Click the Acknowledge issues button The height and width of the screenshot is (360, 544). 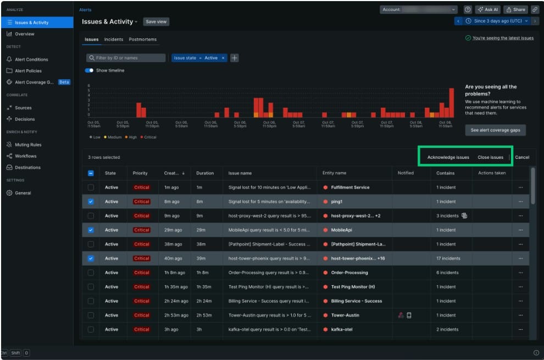448,157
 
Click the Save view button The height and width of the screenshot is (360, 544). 157,21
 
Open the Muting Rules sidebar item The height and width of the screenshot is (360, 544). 27,145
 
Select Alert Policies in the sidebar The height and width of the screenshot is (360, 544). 27,71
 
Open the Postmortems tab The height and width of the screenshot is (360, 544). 142,40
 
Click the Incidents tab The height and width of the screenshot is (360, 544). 114,40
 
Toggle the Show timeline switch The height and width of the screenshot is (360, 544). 89,70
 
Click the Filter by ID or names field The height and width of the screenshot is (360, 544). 126,58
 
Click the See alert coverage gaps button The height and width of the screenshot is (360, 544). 495,130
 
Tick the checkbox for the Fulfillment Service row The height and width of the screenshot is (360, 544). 91,187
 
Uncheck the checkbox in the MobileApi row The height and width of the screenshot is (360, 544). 91,230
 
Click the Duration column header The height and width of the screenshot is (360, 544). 205,173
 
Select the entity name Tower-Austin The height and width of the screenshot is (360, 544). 345,315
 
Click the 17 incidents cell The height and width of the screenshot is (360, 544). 448,258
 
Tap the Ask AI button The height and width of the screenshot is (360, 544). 488,9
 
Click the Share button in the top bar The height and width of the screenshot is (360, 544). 515,9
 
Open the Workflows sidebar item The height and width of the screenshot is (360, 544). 25,156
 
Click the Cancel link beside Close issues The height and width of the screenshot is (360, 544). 522,157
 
